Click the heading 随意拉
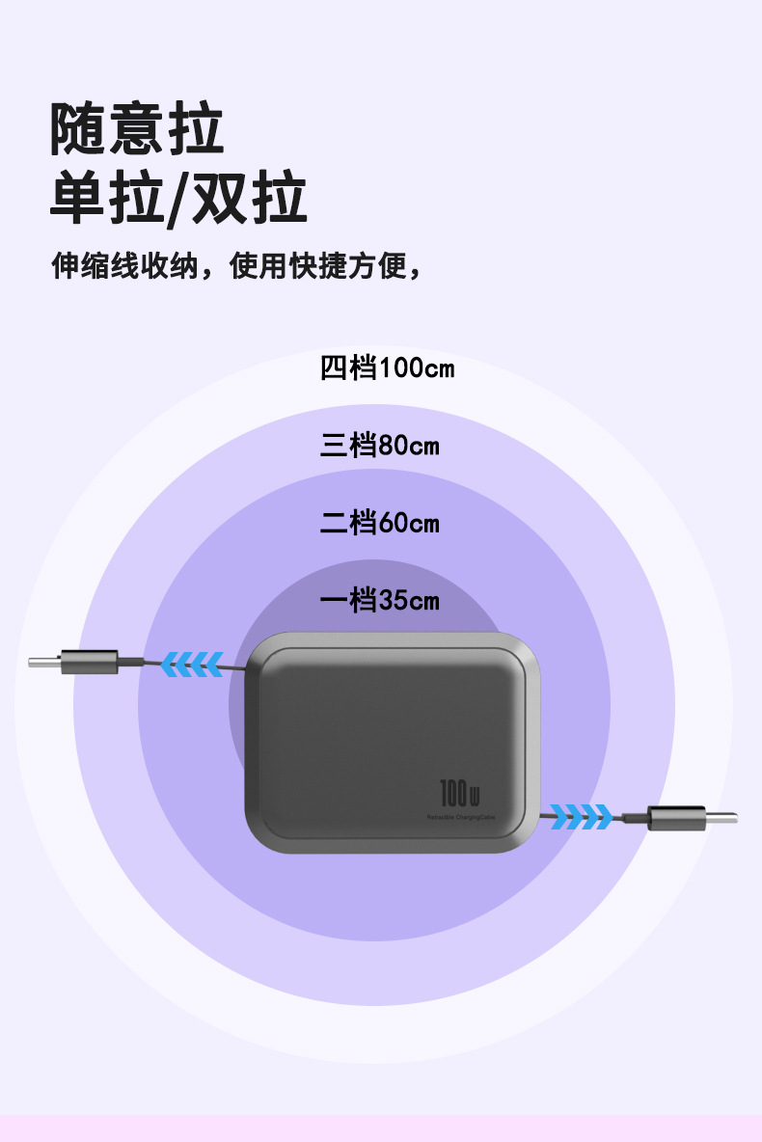coord(137,129)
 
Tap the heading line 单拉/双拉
coord(178,200)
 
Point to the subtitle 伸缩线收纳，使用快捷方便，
coord(236,265)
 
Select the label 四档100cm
coord(387,367)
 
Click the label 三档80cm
coord(379,446)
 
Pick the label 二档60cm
coord(379,523)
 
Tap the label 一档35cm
coord(379,601)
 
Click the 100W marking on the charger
coord(460,794)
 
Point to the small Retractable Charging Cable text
coord(461,817)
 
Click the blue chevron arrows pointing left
coord(191,664)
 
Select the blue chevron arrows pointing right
coord(582,817)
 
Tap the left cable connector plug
coord(89,663)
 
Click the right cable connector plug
coord(677,818)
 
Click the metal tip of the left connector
coord(43,663)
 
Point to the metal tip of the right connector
coord(723,818)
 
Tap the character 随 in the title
coord(78,129)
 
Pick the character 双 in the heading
coord(220,200)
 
